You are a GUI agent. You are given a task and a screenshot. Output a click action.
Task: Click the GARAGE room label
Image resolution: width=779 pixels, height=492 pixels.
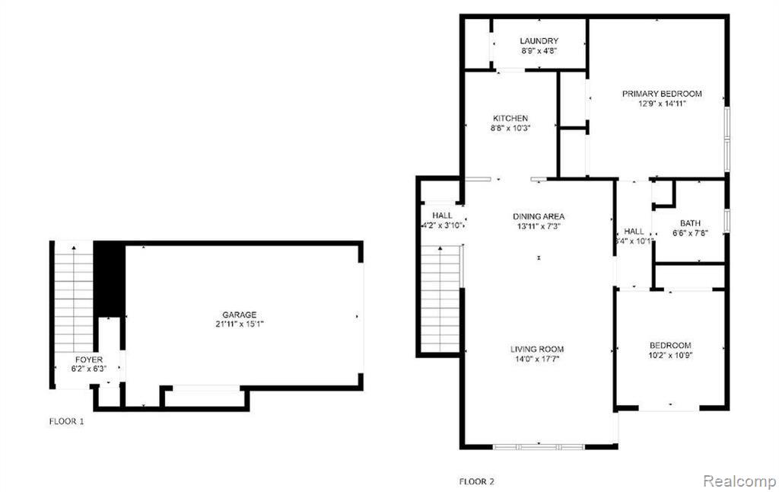point(239,315)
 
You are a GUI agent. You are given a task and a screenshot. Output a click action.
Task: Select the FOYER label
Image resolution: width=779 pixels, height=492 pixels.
point(89,359)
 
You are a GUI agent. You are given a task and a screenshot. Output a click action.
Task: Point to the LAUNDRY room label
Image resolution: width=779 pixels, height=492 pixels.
point(539,41)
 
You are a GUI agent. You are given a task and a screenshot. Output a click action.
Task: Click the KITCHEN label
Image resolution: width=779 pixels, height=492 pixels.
point(510,118)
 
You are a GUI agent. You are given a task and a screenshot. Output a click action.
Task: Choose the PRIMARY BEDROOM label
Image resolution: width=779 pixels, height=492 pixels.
point(662,94)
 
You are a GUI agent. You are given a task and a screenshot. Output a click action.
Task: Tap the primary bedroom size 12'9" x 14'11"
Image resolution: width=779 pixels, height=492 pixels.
point(662,104)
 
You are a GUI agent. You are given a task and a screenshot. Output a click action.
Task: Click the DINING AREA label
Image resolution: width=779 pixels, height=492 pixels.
point(539,216)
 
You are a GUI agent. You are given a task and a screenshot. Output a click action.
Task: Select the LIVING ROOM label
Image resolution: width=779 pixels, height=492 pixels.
point(537,350)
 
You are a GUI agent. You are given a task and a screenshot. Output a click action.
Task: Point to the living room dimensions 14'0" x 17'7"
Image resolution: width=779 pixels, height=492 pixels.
point(537,359)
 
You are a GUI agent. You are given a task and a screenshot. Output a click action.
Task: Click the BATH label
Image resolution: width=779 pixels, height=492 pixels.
point(690,223)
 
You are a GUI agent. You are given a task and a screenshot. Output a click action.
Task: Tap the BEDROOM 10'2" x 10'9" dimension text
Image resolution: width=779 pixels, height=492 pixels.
point(670,355)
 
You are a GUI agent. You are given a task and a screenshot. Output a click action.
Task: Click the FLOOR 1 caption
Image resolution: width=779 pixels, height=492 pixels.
point(67,421)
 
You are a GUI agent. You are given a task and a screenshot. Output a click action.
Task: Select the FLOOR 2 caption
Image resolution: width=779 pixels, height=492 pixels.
point(476,481)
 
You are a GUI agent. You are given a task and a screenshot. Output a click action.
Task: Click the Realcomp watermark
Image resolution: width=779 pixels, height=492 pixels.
point(739,481)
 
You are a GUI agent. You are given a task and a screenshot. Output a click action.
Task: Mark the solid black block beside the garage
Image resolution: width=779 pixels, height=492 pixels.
point(109,280)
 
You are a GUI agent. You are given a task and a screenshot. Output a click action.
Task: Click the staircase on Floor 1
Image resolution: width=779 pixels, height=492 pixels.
point(74,297)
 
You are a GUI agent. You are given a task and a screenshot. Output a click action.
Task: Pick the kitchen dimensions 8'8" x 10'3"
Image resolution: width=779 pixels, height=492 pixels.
point(510,128)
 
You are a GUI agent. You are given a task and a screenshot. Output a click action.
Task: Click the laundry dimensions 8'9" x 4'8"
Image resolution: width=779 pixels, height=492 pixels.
point(539,50)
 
